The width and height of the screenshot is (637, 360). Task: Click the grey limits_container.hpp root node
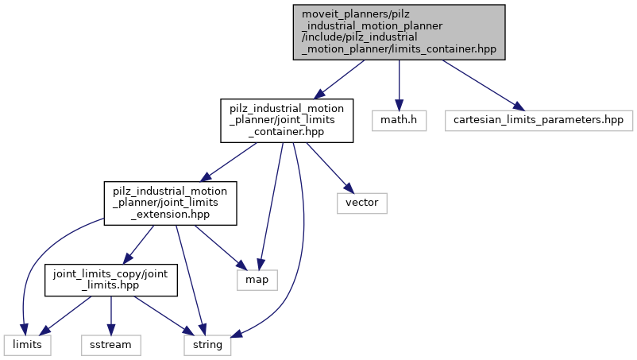(x=399, y=32)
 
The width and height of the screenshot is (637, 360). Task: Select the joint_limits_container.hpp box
(x=287, y=121)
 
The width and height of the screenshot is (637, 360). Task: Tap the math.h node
(x=400, y=121)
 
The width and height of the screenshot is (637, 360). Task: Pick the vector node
(x=362, y=203)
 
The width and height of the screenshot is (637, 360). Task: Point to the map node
(x=257, y=280)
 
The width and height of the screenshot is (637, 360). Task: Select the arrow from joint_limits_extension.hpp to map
(x=215, y=242)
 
